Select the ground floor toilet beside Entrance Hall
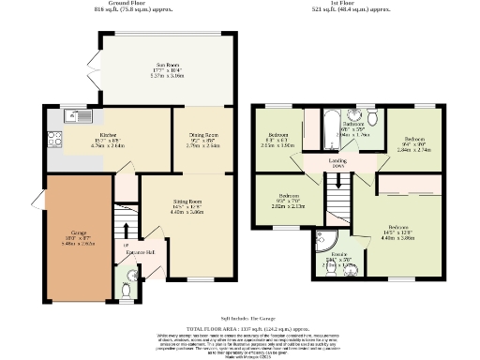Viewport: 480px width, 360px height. click(127, 278)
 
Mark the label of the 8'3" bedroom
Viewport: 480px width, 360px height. click(277, 136)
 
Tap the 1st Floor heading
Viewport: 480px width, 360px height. click(355, 4)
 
